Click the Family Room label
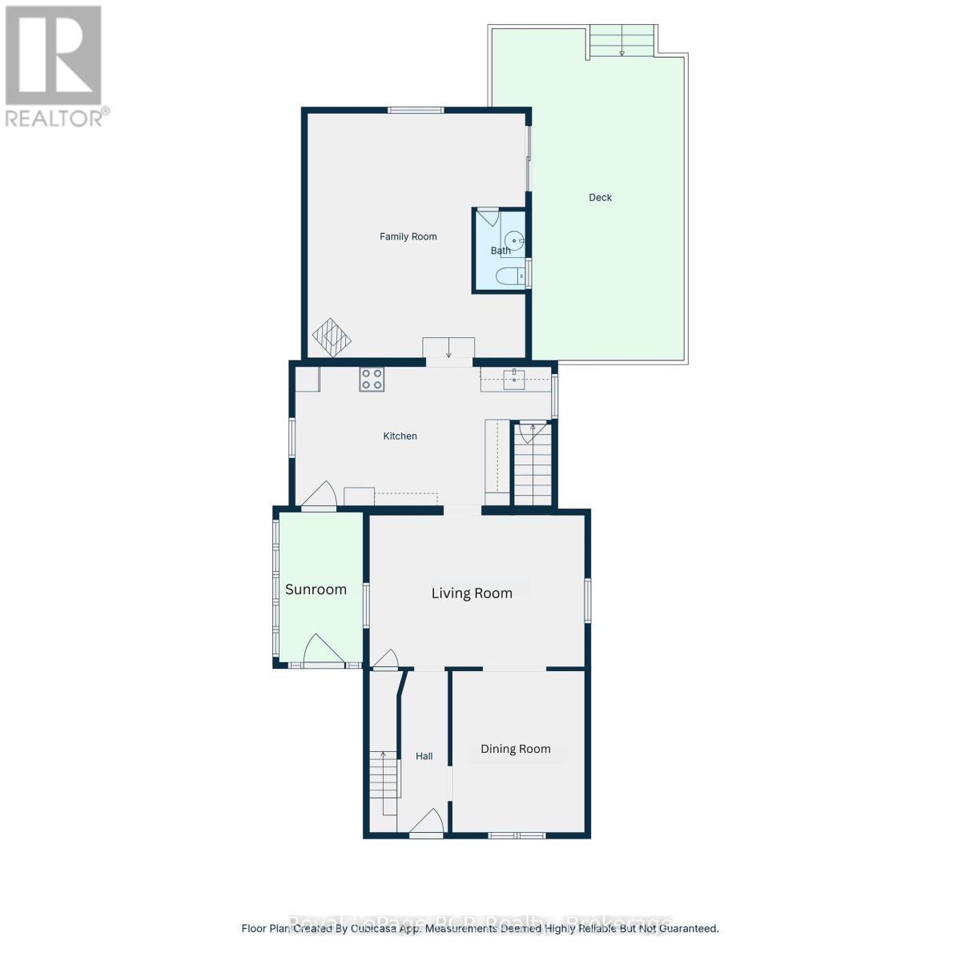[408, 236]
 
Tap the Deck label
[600, 198]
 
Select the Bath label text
[501, 251]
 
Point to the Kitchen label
[400, 436]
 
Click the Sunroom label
[316, 589]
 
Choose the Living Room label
[472, 593]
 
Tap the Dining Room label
[515, 749]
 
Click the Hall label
[424, 756]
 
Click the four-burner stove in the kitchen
[371, 379]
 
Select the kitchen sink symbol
[513, 378]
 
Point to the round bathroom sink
[517, 239]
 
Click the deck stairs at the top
[622, 42]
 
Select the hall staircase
[384, 781]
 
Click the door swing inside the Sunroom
[322, 649]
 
